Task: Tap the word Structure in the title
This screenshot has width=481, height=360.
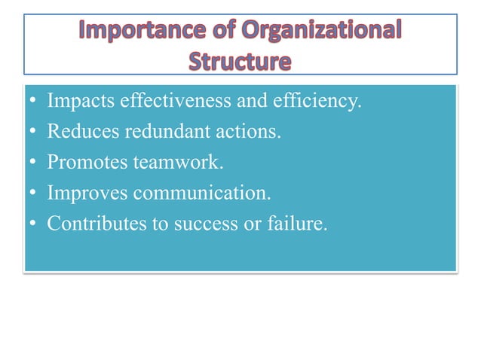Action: tap(240, 59)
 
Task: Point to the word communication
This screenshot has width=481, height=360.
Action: tap(201, 194)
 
